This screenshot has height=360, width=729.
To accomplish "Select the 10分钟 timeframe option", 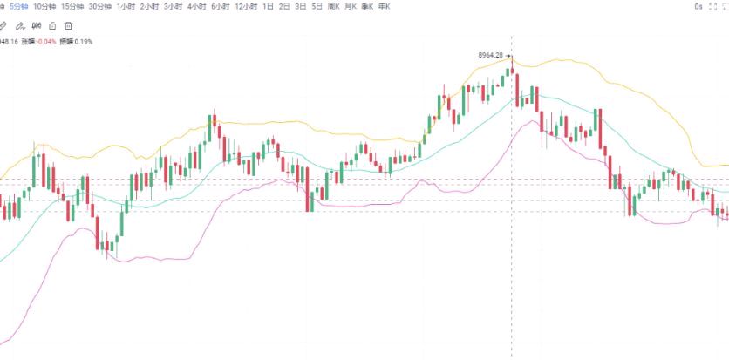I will point(44,7).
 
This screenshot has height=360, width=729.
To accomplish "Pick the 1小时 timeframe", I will point(126,7).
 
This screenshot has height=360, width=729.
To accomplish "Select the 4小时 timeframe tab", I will point(196,7).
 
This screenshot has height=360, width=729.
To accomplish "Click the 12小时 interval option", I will point(246,7).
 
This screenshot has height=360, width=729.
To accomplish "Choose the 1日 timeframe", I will point(268,7).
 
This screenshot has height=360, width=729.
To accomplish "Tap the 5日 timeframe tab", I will point(317,7).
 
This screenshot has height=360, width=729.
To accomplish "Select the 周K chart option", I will point(333,7).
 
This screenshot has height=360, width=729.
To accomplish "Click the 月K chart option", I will point(351,7).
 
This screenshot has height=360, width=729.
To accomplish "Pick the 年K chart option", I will point(384,7).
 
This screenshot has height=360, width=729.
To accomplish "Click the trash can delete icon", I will point(68,25).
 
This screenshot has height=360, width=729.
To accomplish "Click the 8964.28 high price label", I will point(491,55).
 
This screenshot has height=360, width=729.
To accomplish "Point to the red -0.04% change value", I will point(45,41).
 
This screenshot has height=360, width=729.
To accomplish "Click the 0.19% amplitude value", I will point(84,41).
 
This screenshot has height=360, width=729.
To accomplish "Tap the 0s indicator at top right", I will point(698,7).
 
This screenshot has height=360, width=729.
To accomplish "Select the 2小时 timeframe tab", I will point(149,7).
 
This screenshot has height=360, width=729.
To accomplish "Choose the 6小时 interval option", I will point(220,7).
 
